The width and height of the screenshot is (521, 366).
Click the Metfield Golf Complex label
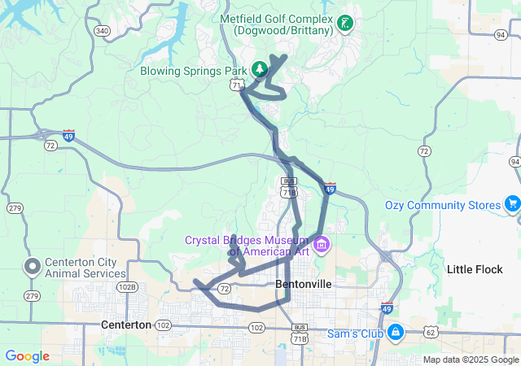276,24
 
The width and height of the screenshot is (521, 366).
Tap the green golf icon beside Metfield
346,23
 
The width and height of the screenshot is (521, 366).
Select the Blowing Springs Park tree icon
260,70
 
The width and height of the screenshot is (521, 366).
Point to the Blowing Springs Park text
193,71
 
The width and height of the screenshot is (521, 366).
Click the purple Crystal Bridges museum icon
322,244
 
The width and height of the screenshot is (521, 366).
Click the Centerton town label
127,325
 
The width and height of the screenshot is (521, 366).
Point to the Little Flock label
475,268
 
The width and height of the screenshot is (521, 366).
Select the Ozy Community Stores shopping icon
512,203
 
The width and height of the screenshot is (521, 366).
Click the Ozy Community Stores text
444,205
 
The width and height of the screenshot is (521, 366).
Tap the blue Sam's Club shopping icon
395,332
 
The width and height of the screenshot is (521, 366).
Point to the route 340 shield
102,31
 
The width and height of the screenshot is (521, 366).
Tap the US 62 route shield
430,332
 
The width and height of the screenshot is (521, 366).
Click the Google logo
27,356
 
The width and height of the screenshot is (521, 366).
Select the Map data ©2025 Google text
470,359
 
